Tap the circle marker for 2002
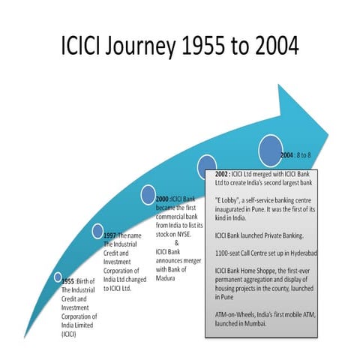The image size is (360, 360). pyautogui.click(x=206, y=164)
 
